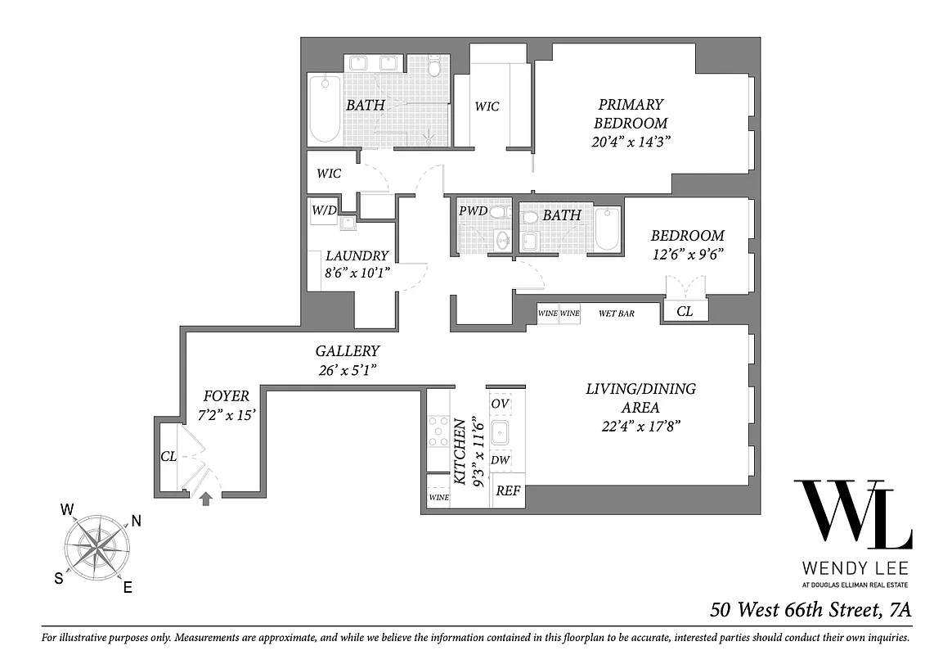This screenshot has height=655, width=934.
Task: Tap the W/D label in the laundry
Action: (324, 210)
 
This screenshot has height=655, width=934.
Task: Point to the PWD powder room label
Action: (473, 211)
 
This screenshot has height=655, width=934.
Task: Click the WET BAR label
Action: (617, 313)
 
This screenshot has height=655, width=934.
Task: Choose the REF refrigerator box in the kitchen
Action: (509, 492)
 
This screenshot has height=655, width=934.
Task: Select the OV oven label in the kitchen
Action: (500, 404)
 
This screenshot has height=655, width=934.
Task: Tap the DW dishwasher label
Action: (501, 460)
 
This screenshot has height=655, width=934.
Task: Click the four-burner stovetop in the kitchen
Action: (438, 431)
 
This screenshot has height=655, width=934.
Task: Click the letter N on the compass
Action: (136, 521)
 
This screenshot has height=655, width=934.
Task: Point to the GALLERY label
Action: (348, 351)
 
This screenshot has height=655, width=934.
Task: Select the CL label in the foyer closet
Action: (168, 457)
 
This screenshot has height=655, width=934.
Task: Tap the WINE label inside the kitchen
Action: (438, 497)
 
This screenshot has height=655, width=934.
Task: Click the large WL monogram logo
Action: (852, 514)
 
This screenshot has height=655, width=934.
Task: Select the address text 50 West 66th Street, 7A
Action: (810, 610)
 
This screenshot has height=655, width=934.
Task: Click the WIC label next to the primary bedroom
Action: (487, 106)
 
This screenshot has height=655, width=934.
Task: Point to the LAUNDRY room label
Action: (357, 255)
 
